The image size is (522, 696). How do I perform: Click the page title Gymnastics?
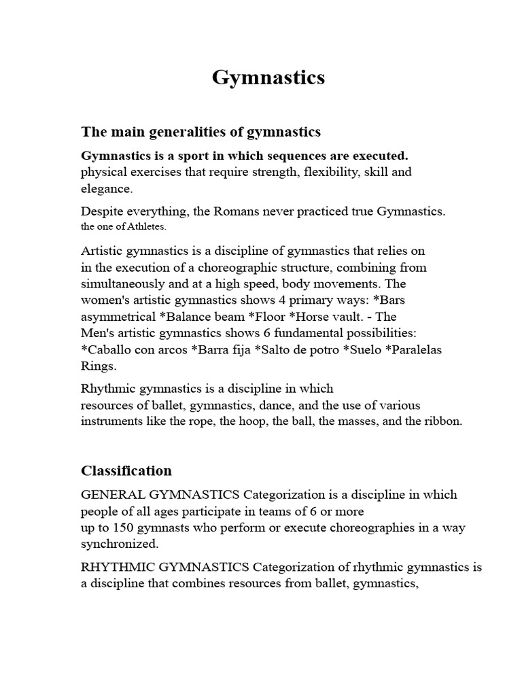coord(268,78)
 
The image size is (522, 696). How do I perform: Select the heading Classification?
coord(126,470)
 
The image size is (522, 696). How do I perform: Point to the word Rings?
coord(99,366)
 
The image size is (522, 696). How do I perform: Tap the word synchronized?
coord(119,544)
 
